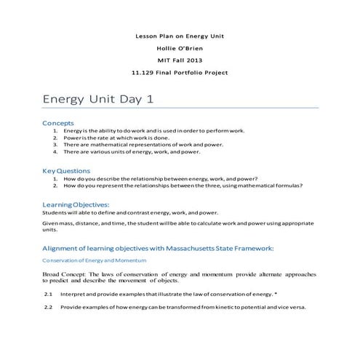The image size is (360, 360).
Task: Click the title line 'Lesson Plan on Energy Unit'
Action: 180,36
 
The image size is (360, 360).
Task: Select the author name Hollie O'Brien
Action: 180,47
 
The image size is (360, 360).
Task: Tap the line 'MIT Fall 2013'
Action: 180,60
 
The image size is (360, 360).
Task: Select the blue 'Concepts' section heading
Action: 58,123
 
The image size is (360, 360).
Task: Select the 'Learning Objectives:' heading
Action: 76,205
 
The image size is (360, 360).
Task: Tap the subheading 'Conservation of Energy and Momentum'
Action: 95,260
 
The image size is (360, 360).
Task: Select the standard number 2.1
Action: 48,294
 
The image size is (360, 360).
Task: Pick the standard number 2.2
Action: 48,307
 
